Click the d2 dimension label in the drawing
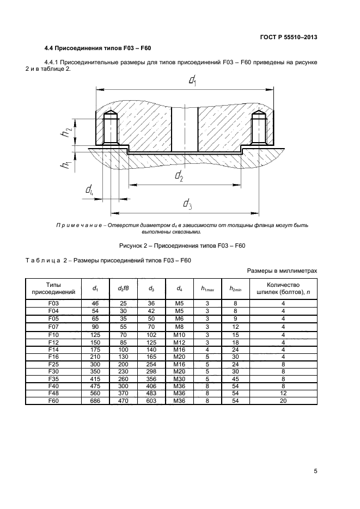(x=179, y=175)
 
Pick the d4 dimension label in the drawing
(x=89, y=190)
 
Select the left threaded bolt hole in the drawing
(x=109, y=128)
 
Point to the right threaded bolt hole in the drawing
(x=259, y=128)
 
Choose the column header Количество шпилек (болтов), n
(x=283, y=289)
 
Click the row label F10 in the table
(x=53, y=334)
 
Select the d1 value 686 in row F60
(x=95, y=401)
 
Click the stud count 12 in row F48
(x=283, y=394)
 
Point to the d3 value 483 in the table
(x=151, y=394)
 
